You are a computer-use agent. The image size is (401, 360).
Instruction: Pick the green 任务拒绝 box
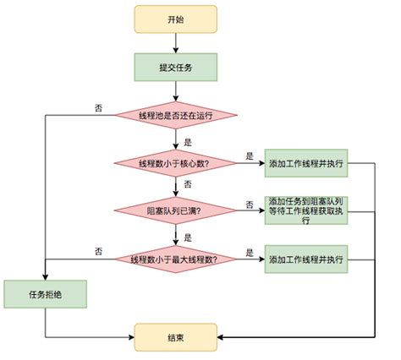[x=45, y=296]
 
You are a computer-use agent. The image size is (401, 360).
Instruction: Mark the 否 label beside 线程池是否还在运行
[x=99, y=106]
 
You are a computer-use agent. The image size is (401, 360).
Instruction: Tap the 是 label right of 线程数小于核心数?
[x=250, y=155]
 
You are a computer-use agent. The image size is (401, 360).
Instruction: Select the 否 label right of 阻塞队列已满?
[x=250, y=204]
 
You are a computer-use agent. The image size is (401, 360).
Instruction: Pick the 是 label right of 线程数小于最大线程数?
[x=250, y=251]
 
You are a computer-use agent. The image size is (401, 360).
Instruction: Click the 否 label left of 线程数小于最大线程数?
[x=99, y=251]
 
